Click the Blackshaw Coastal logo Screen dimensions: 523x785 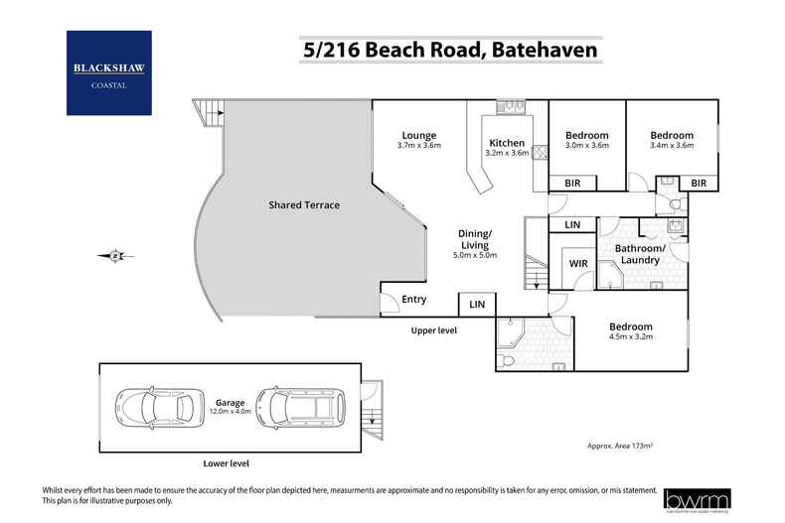(x=108, y=72)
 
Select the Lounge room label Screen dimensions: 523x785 (x=418, y=136)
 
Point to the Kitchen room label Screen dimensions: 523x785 (x=507, y=144)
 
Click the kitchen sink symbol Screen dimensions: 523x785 (x=509, y=105)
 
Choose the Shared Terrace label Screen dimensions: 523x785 (x=304, y=205)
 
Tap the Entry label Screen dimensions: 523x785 (x=413, y=300)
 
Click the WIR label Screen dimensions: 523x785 (x=577, y=264)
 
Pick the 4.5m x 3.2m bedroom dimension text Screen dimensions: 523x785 (x=630, y=337)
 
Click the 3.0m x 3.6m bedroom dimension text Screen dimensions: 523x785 (x=586, y=146)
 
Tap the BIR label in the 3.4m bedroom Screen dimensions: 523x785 (x=699, y=183)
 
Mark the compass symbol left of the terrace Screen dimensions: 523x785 (x=116, y=255)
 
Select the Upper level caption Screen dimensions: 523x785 (x=433, y=329)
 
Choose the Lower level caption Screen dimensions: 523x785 (x=225, y=463)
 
